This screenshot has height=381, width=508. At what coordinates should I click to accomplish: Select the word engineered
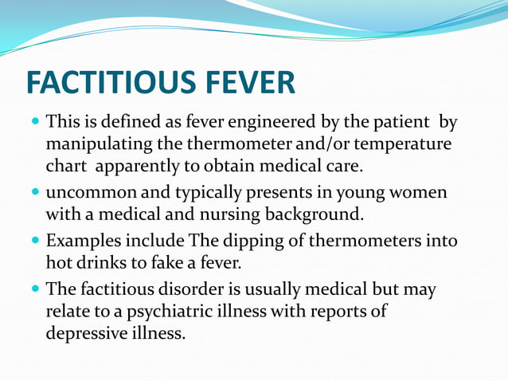(x=256, y=124)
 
